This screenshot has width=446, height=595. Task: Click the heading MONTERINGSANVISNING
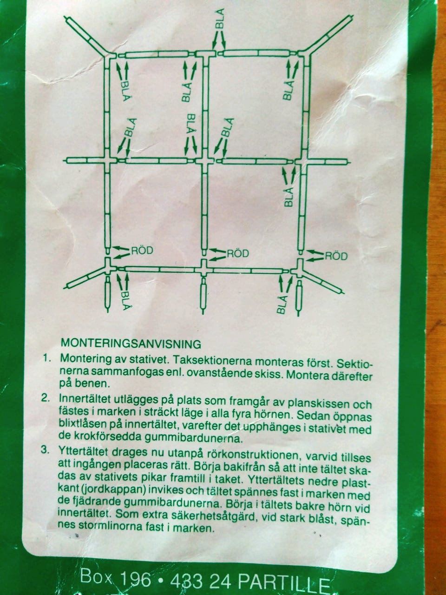pos(131,344)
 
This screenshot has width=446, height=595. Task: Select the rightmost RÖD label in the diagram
pos(336,255)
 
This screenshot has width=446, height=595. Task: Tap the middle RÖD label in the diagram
pos(237,254)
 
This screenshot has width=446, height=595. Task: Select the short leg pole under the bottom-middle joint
pos(203,293)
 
